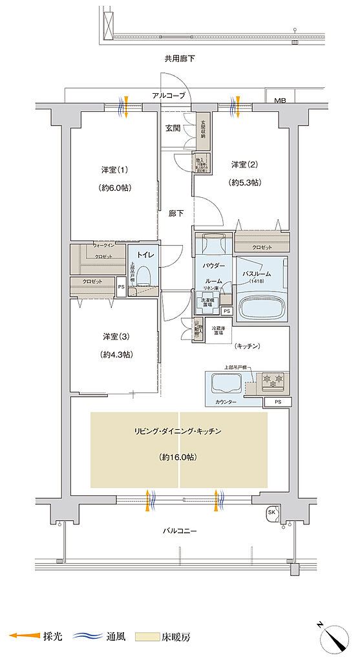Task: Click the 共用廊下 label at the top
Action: (x=180, y=59)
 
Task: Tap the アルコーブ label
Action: (x=168, y=96)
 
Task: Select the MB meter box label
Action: (x=279, y=101)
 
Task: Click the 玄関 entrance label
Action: (x=173, y=127)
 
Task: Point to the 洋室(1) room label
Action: (x=114, y=170)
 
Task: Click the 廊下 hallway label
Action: (x=176, y=214)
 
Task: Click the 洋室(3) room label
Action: (x=116, y=336)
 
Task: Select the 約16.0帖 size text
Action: (x=178, y=456)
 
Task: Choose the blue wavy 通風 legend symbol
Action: (x=89, y=637)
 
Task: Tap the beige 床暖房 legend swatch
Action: (x=147, y=637)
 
